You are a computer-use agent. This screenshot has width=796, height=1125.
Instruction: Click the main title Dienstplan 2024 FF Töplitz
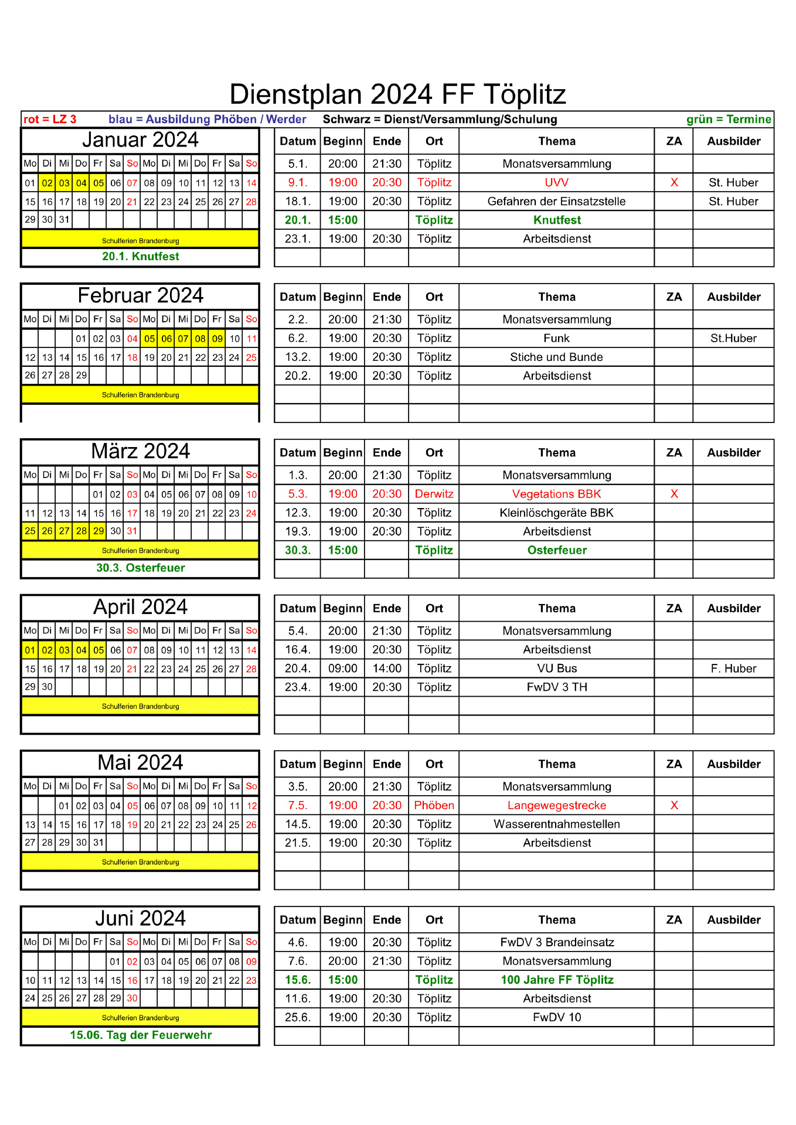click(397, 94)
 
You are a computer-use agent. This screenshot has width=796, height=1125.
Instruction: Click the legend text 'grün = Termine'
click(729, 120)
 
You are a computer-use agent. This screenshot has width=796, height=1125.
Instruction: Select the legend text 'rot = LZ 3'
click(50, 120)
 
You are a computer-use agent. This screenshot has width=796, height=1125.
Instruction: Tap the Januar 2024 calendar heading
click(140, 140)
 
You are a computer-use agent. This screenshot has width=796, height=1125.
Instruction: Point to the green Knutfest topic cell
click(557, 220)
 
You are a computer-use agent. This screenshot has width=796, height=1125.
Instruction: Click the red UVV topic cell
click(557, 183)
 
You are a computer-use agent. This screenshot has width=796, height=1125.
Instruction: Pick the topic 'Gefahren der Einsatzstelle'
click(556, 202)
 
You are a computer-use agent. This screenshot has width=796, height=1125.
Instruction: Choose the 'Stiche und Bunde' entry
click(556, 357)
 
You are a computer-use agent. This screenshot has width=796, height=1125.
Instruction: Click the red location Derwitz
click(434, 494)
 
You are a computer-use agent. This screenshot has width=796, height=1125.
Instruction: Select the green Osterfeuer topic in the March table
click(557, 550)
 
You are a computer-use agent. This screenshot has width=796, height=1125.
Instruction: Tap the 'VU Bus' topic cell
click(557, 669)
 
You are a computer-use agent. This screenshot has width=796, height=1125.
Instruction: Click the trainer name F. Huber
click(733, 669)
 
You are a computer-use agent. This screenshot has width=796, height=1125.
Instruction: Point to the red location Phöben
click(434, 806)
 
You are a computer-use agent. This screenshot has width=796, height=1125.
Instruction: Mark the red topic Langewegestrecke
click(557, 806)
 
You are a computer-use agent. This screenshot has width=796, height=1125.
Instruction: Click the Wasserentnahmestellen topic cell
click(557, 824)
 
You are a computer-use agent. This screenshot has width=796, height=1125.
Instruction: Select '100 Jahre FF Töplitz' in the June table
click(557, 980)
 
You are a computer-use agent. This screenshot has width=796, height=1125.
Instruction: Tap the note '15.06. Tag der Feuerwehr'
click(141, 1035)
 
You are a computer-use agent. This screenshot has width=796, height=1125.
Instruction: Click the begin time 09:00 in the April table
click(343, 669)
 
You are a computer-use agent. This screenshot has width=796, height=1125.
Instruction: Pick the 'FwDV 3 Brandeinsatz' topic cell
click(557, 943)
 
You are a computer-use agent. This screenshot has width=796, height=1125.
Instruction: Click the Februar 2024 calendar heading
click(140, 296)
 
